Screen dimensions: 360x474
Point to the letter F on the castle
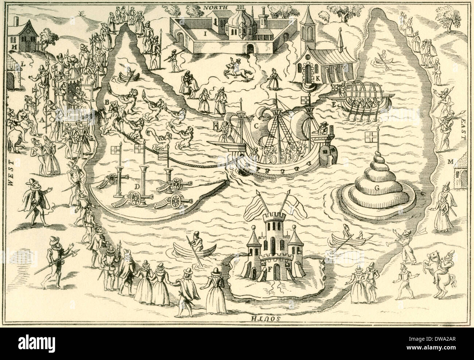click(269, 270)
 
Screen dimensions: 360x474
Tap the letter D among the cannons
click(137, 187)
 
